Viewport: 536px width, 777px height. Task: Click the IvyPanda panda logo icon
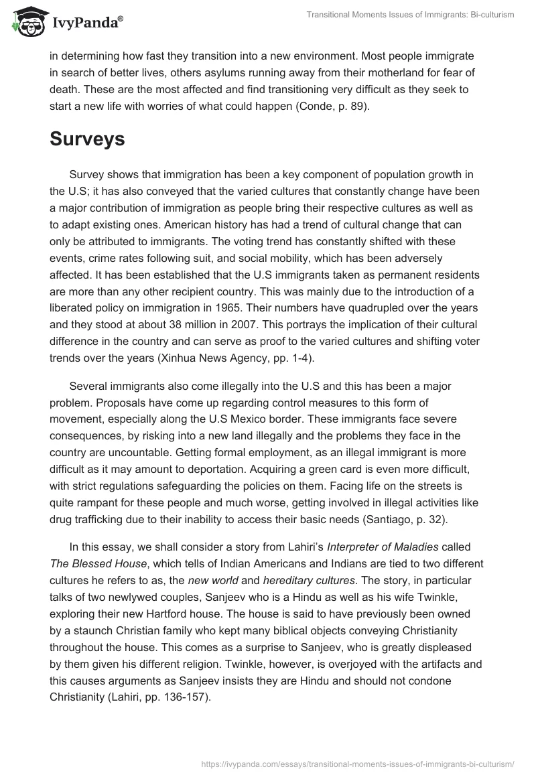click(x=27, y=20)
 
